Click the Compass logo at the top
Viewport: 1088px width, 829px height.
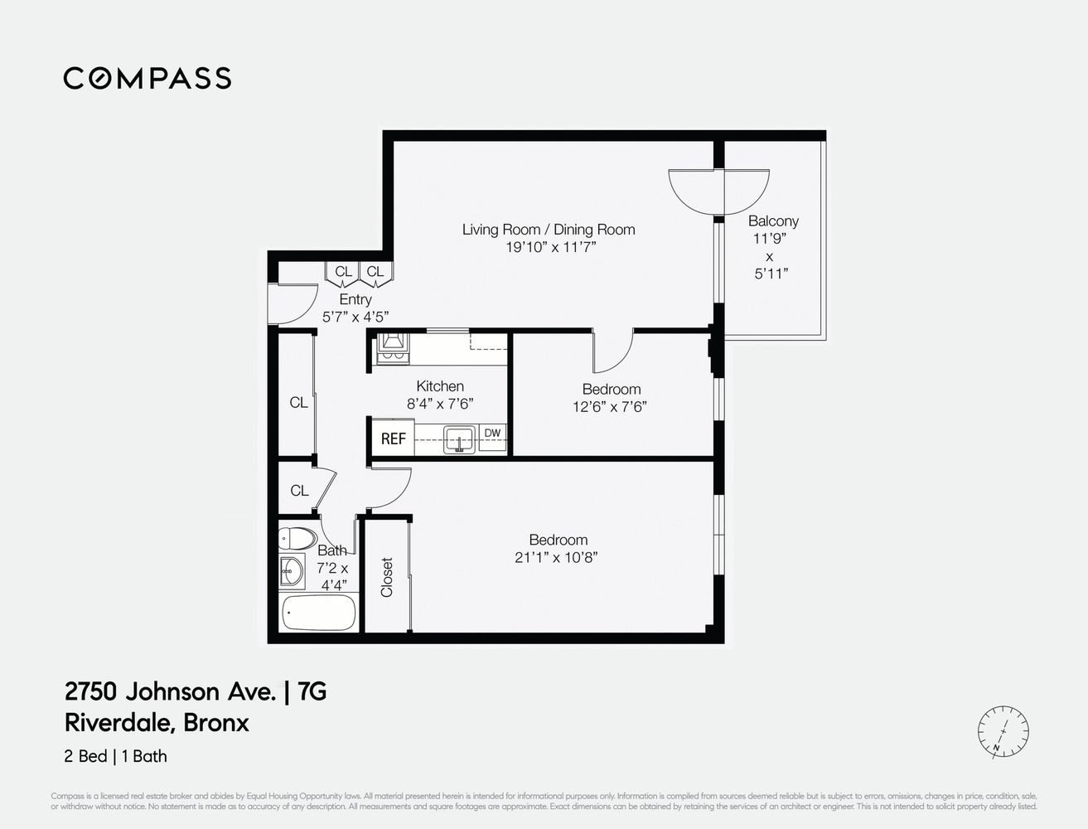pos(147,78)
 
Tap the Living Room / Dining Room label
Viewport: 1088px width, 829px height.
pos(549,230)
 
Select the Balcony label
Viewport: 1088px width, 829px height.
pos(773,221)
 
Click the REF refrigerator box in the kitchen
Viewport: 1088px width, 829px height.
pos(393,439)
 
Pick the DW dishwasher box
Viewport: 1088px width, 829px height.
pos(492,434)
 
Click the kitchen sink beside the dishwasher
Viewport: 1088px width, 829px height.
pos(458,438)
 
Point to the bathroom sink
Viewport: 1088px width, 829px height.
pos(291,572)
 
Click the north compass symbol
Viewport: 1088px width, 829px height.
pos(1003,732)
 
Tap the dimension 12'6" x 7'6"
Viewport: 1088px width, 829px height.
pos(609,406)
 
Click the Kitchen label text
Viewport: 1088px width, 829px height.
pos(440,386)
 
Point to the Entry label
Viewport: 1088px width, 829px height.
pos(355,299)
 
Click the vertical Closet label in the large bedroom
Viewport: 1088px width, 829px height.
pos(387,577)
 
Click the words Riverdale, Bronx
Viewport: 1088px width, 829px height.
pos(157,723)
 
